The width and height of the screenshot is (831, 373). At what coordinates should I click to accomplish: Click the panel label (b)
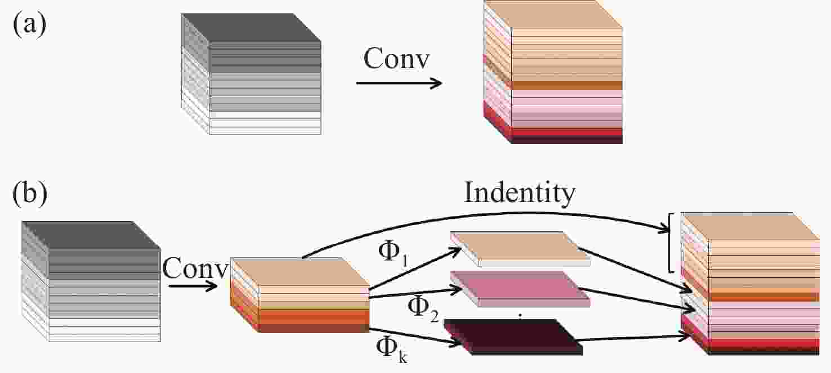[30, 193]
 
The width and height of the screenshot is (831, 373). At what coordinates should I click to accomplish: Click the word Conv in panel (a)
[396, 59]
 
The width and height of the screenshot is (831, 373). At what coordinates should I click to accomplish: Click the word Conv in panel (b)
[195, 268]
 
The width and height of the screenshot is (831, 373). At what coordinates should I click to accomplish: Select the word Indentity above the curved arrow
[519, 192]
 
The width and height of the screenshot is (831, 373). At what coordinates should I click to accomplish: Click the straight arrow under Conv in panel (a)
[399, 83]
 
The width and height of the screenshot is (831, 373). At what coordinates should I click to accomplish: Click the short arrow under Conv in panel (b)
[193, 286]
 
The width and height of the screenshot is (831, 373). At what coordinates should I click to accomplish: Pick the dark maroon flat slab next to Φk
[513, 336]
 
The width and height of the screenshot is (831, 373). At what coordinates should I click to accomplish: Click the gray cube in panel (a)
[251, 74]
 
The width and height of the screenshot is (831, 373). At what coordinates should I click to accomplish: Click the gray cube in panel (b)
[91, 281]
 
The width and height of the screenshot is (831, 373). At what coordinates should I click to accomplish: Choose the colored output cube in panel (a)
[553, 72]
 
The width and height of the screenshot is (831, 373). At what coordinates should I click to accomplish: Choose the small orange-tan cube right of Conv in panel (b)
[300, 295]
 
